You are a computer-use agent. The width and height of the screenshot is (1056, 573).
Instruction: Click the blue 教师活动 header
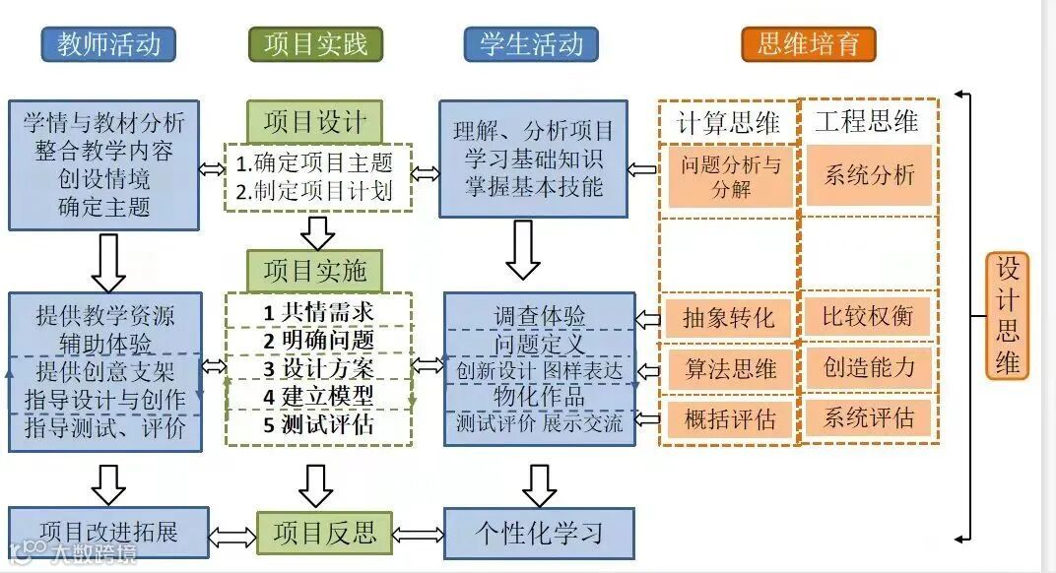tap(108, 44)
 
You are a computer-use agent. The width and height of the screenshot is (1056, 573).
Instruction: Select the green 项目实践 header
tap(315, 44)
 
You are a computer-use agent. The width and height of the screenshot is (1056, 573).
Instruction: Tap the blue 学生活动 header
tap(531, 44)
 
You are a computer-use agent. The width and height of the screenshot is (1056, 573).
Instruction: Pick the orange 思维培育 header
tap(808, 44)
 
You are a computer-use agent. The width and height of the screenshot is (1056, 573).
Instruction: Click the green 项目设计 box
tap(314, 123)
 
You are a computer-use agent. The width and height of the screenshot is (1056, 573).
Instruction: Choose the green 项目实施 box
tap(314, 270)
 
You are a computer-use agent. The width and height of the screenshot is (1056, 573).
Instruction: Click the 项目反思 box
tap(324, 533)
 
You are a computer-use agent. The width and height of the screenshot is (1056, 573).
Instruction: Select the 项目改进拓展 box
tap(107, 533)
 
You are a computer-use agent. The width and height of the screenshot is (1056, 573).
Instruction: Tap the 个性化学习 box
tap(539, 533)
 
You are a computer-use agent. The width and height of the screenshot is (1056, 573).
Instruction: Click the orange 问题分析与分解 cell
tap(730, 176)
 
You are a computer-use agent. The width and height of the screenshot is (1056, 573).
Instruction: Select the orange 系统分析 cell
tap(869, 176)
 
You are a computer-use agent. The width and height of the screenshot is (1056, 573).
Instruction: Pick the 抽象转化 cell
tap(730, 317)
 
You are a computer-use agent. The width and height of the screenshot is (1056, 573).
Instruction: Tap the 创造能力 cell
tap(869, 367)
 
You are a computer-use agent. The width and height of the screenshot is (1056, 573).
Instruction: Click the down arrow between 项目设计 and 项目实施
tap(316, 232)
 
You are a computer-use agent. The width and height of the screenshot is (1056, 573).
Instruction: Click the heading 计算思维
tap(729, 123)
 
